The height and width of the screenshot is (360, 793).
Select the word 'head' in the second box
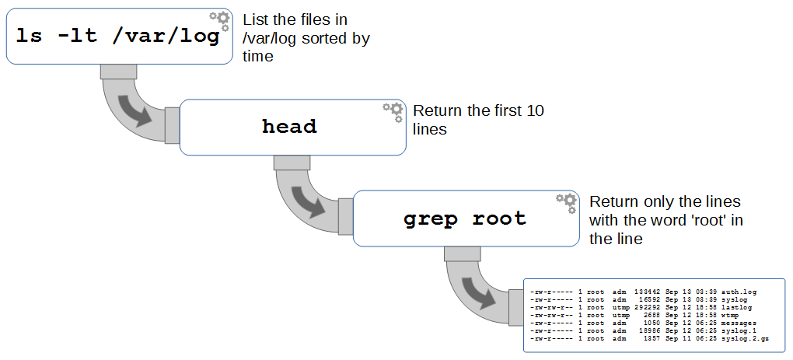(x=289, y=127)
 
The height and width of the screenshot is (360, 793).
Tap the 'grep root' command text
(x=464, y=218)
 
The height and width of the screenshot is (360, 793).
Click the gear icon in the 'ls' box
(x=221, y=20)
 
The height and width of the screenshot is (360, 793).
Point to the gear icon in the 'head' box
(x=393, y=112)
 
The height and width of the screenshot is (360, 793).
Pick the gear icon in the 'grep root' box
(x=567, y=203)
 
